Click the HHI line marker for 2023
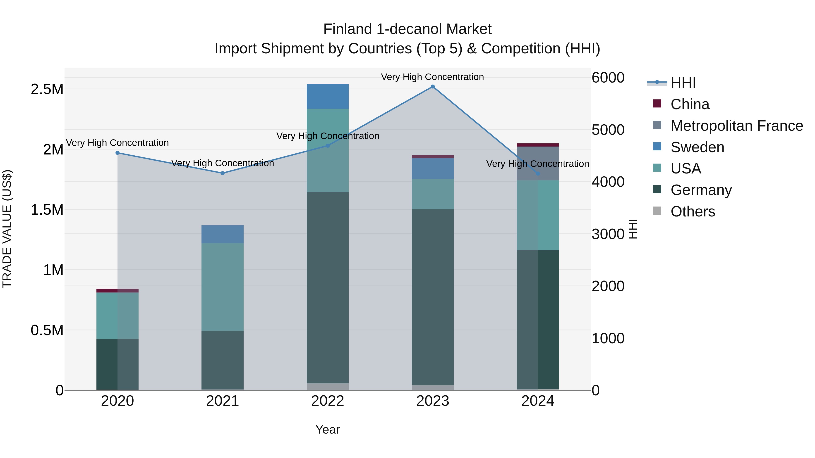click(x=432, y=87)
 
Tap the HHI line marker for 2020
click(x=117, y=153)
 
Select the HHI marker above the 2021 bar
click(x=222, y=173)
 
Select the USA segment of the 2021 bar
click(x=222, y=287)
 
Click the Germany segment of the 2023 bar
click(x=432, y=297)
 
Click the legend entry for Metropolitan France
click(x=736, y=126)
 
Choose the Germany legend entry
click(x=701, y=190)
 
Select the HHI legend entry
click(x=683, y=83)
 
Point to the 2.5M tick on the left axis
click(x=47, y=89)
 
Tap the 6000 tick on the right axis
click(x=608, y=78)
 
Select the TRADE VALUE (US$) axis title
click(x=7, y=229)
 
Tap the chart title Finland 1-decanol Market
click(x=407, y=29)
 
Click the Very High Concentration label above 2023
click(x=432, y=77)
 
